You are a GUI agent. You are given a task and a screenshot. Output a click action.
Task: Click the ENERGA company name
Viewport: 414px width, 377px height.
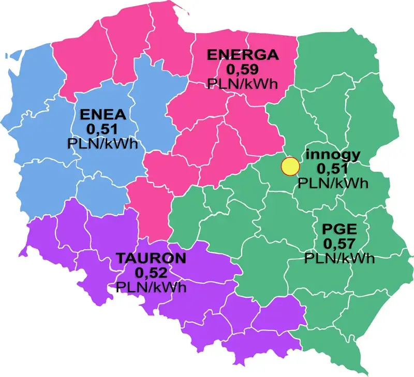[243, 54]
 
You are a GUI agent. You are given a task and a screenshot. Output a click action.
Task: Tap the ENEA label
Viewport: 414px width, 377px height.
[102, 115]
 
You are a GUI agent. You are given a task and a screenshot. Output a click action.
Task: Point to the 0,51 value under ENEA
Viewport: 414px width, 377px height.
[102, 129]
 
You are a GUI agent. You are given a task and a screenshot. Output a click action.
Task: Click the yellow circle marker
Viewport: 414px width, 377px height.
[290, 167]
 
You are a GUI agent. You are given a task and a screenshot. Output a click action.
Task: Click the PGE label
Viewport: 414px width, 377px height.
[338, 229]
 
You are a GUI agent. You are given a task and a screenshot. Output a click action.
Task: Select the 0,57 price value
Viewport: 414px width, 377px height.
[338, 243]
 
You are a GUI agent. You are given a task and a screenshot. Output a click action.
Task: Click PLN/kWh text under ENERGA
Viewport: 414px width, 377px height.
[243, 83]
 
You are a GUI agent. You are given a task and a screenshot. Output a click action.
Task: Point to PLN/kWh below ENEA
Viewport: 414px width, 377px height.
[102, 143]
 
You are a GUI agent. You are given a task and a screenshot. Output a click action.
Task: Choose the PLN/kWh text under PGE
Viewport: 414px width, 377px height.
[338, 258]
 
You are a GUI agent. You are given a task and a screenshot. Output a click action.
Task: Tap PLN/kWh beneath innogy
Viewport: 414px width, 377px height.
[333, 183]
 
